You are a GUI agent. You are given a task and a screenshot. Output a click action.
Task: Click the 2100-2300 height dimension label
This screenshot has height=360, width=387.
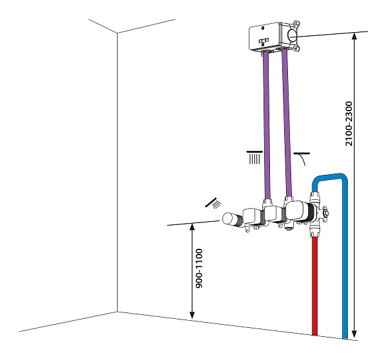[349, 123]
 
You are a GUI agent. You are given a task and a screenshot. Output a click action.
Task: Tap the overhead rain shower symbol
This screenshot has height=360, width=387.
[255, 156]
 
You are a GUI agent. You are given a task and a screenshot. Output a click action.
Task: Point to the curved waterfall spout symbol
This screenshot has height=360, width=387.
[301, 158]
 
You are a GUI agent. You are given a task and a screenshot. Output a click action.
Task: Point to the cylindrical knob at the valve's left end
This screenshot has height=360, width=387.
[229, 219]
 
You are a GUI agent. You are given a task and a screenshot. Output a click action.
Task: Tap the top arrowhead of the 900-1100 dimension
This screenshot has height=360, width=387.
[192, 226]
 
